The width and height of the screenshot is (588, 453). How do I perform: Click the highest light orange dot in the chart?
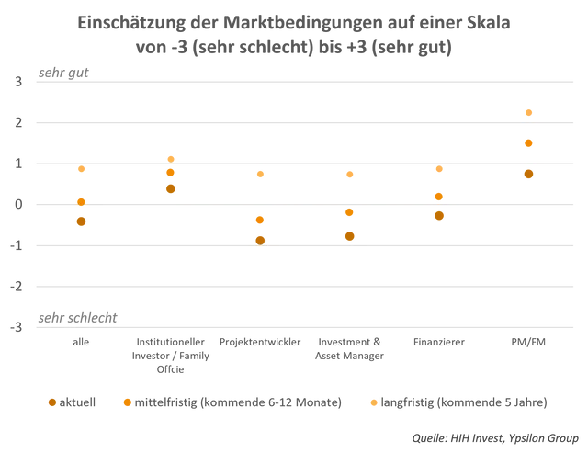click(528, 112)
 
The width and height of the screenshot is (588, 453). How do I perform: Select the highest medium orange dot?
click(528, 143)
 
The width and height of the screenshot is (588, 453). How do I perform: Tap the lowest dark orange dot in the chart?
click(260, 240)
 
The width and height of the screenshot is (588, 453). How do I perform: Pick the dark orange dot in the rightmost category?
click(528, 174)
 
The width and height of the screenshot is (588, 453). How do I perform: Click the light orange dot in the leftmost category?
click(81, 170)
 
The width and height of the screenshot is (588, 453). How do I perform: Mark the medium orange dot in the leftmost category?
click(81, 200)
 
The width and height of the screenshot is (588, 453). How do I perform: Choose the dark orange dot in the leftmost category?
click(81, 221)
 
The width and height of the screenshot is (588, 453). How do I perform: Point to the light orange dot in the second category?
click(171, 158)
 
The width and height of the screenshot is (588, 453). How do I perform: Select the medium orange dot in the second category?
click(170, 172)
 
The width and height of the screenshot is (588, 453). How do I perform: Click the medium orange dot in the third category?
click(260, 220)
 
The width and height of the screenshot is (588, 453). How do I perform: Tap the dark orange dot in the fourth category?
click(349, 235)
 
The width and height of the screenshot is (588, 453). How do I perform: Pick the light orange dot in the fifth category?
click(439, 170)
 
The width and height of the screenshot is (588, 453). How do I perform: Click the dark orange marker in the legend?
click(52, 402)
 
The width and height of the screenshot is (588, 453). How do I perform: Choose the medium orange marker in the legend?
click(128, 402)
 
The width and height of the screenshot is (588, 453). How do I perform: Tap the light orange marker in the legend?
click(373, 402)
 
